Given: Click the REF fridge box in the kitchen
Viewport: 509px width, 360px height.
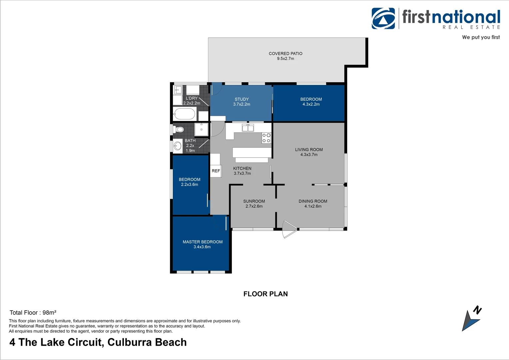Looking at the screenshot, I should coord(216,171).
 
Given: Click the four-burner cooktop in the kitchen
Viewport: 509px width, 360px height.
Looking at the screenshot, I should coord(266,138).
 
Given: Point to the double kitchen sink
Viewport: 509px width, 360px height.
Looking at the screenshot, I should coord(248,128).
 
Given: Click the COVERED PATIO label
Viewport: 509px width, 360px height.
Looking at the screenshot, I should coord(285,54).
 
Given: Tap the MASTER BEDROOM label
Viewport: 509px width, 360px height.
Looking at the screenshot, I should coord(203,242).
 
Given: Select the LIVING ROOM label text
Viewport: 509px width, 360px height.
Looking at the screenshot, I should coord(309,150).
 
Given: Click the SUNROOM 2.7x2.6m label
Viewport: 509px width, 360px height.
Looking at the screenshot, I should coord(254,204).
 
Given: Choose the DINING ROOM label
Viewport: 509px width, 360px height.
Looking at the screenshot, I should coord(313,201).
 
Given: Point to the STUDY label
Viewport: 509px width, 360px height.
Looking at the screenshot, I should coord(242,99).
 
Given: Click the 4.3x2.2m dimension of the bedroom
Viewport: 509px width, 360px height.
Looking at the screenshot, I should coord(311,104).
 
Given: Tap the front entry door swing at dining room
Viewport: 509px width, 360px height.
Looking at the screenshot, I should coord(288,229).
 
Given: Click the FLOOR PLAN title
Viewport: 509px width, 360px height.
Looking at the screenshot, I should coord(265,294).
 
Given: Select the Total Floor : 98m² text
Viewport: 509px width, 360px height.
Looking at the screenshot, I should coord(33,313).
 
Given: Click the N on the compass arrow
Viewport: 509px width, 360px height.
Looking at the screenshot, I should coord(477,310).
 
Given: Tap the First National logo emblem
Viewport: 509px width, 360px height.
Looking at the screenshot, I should coord(383,19).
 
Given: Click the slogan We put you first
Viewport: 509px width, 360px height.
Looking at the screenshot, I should coord(481,37).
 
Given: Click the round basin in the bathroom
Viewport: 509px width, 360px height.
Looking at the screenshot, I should coord(178,146).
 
